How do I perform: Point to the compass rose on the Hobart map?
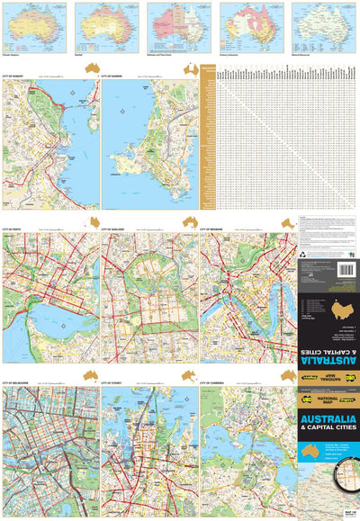(x=69, y=93)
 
